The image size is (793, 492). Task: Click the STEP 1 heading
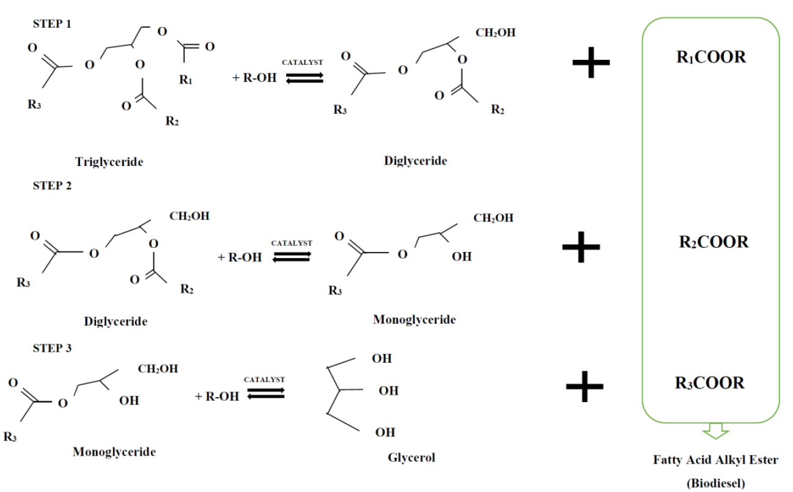click(52, 24)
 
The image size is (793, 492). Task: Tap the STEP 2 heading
click(52, 185)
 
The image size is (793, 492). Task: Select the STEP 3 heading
click(52, 348)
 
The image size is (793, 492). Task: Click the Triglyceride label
click(109, 162)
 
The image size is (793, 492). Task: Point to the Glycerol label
click(411, 458)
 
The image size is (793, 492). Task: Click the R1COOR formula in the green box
click(711, 57)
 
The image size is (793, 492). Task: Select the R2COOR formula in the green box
click(714, 242)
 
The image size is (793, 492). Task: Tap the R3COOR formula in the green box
click(709, 383)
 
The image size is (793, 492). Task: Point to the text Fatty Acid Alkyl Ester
click(715, 460)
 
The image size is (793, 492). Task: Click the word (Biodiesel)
click(716, 483)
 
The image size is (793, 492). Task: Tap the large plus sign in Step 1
click(591, 62)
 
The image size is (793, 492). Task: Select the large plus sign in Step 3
click(585, 387)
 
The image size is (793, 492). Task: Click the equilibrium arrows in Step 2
click(292, 257)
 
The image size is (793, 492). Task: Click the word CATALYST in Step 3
click(265, 379)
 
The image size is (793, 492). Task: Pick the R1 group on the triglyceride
click(185, 80)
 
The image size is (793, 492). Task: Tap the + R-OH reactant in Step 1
click(254, 78)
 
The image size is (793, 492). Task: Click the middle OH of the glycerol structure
click(389, 390)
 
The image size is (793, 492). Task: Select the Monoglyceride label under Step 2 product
click(414, 319)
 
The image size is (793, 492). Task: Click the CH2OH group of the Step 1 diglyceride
click(495, 32)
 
